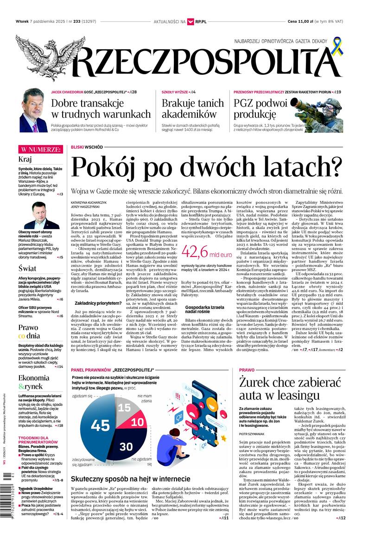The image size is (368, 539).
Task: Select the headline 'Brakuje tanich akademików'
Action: click(192, 109)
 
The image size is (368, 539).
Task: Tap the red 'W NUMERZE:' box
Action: click(40, 149)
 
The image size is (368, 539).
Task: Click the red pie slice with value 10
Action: click(137, 423)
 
